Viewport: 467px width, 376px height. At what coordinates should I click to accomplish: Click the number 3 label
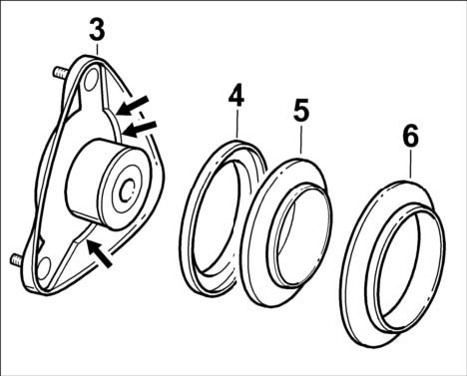click(97, 30)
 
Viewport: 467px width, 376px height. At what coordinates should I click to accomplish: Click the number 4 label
click(236, 96)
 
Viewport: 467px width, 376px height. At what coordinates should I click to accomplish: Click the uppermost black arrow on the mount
click(133, 106)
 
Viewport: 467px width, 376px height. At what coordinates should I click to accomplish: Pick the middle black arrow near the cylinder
click(141, 129)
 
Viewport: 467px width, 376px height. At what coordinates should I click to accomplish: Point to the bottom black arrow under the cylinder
click(100, 253)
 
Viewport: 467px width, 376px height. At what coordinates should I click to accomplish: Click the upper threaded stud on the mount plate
click(61, 72)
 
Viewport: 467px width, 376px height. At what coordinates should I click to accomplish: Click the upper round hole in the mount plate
click(90, 80)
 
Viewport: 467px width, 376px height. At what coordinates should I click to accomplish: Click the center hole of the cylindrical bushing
click(128, 190)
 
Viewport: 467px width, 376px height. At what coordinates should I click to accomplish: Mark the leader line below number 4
click(237, 123)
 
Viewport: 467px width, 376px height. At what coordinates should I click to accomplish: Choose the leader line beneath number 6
click(411, 163)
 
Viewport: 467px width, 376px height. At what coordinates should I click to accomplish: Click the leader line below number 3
click(97, 48)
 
